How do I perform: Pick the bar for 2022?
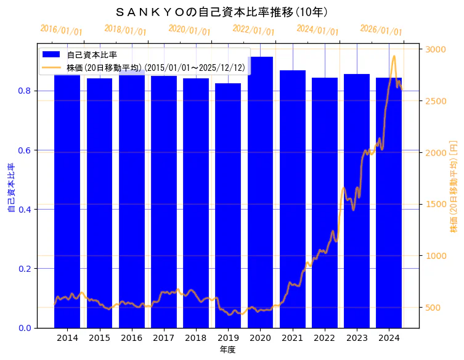pos(325,203)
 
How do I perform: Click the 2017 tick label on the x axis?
pos(164,338)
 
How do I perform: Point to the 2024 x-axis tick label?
pos(389,338)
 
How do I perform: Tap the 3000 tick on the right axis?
pos(437,49)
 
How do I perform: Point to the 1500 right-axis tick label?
pos(437,204)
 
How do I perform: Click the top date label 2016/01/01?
pos(61,30)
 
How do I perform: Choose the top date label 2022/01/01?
pos(253,30)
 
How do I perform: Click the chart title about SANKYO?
pos(221,12)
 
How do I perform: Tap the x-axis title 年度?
pos(227,350)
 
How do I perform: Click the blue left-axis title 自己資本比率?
pos(11,187)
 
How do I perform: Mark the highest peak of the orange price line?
pos(394,56)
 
